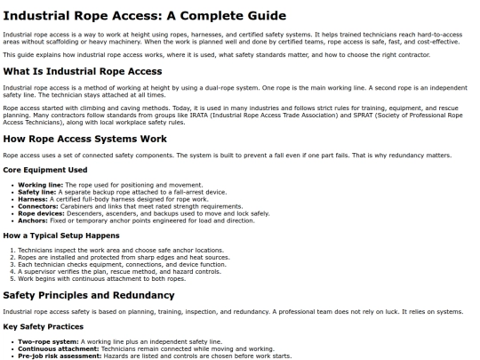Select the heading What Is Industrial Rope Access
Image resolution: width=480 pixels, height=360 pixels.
[83, 71]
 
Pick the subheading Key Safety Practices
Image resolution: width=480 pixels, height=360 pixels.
[41, 324]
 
